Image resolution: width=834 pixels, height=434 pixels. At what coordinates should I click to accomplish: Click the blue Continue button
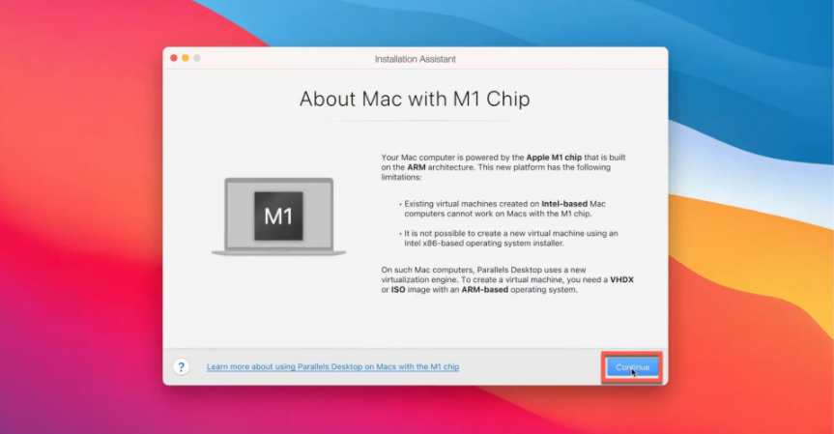click(632, 367)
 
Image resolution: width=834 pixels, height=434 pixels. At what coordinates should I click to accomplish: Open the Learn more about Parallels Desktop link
click(332, 366)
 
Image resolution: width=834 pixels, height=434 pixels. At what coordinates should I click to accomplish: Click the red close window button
click(173, 58)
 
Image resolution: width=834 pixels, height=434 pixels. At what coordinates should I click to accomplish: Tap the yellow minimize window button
click(186, 58)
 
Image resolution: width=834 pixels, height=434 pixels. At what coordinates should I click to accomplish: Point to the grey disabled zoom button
click(197, 58)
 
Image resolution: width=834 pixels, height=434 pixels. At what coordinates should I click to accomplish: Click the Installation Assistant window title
click(415, 59)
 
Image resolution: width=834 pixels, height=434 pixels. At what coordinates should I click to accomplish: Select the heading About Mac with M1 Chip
click(415, 99)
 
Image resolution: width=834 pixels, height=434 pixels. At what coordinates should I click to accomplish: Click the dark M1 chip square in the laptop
click(278, 216)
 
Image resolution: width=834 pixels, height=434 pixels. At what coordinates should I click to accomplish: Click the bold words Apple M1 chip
click(554, 158)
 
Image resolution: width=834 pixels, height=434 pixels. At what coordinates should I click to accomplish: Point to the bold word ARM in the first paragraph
click(416, 167)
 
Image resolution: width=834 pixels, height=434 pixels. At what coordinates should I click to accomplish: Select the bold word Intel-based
click(564, 204)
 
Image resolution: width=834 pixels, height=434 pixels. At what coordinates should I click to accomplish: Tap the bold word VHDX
click(621, 279)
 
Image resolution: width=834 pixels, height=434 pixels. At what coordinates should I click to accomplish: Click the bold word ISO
click(398, 290)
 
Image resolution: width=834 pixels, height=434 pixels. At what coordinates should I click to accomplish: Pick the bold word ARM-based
click(484, 290)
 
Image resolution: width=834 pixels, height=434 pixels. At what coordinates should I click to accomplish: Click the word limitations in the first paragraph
click(400, 177)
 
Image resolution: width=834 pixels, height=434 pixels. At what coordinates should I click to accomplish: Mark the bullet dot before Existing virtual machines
click(400, 204)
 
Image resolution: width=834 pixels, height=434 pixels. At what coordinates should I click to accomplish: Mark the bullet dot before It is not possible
click(400, 234)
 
